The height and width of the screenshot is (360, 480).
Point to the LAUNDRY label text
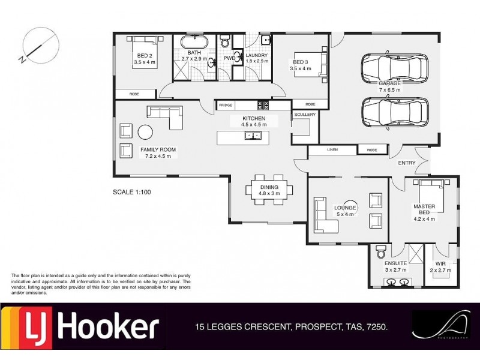257,55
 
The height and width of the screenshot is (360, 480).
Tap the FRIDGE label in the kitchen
225,105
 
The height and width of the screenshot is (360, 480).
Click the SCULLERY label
304,115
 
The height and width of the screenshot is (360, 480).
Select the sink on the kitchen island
253,136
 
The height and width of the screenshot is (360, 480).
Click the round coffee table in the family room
145,131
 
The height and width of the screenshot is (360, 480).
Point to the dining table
269,190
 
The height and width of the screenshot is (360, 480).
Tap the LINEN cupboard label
333,149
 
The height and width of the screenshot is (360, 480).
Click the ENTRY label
406,163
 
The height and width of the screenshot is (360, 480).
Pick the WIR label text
440,263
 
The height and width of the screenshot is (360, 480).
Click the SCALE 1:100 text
133,193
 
